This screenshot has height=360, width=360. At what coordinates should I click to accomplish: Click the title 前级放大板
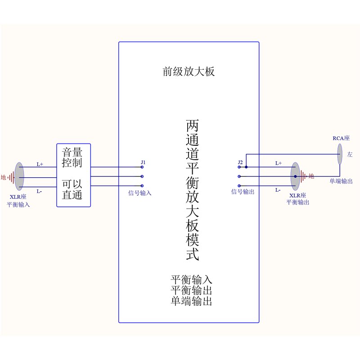[x=189, y=72]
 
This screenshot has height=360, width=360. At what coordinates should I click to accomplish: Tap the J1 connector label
[x=143, y=162]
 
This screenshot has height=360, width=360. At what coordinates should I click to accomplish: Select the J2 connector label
[x=240, y=162]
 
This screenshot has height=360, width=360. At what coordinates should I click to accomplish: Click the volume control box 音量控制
[x=73, y=175]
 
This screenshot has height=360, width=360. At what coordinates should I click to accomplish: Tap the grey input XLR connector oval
[x=19, y=176]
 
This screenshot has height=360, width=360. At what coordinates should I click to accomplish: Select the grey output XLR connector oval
[x=295, y=176]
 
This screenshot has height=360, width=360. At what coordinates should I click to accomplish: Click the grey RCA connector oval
[x=340, y=154]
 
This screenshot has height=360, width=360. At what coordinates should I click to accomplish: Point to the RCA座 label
[x=341, y=139]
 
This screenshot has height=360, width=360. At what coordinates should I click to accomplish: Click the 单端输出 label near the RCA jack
[x=341, y=181]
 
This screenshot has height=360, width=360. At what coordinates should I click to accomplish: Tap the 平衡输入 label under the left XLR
[x=18, y=205]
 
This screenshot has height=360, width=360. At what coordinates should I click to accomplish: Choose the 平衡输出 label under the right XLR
[x=298, y=202]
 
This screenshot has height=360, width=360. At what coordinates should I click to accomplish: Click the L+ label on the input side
[x=40, y=165]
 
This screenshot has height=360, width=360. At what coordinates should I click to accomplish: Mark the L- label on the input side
[x=40, y=192]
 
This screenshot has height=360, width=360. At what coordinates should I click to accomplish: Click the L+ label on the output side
[x=278, y=163]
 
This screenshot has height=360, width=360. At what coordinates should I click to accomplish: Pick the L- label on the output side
[x=278, y=190]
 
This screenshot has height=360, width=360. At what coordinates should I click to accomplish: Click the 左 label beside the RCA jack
[x=350, y=154]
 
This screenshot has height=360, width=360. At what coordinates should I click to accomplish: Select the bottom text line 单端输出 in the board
[x=191, y=301]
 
